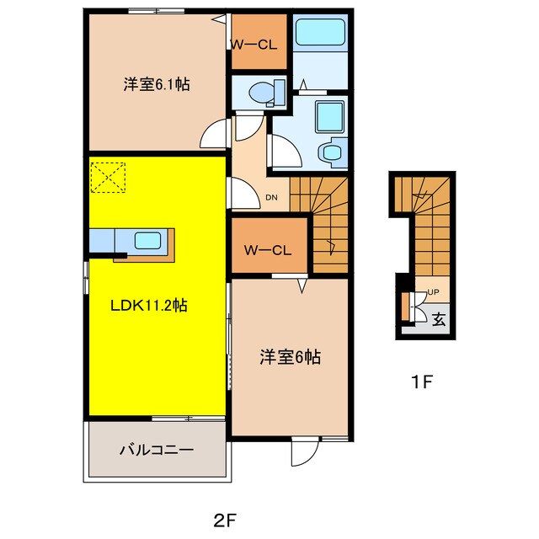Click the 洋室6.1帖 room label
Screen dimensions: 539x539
tap(156, 84)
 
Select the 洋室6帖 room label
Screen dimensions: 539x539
tap(289, 358)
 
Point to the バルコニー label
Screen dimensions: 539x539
tap(156, 450)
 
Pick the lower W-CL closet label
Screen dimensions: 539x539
tap(267, 249)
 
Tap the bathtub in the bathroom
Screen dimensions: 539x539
tap(320, 34)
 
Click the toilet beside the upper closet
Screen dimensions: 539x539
tap(262, 89)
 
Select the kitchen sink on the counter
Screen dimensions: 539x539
tap(148, 241)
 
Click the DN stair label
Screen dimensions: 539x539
tap(271, 199)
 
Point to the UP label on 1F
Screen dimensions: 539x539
tap(434, 292)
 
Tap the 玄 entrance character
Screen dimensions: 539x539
tap(439, 319)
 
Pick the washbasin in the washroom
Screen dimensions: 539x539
tap(331, 152)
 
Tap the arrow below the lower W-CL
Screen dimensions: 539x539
tap(299, 288)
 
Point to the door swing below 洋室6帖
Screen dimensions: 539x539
tap(302, 455)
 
